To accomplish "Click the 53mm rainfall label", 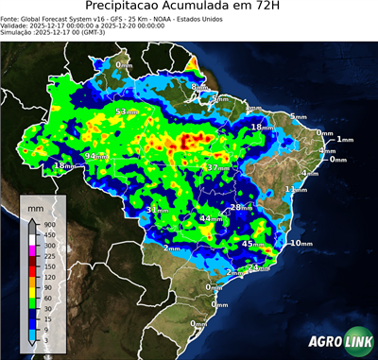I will coord(123,112).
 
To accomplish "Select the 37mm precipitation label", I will coord(216,167).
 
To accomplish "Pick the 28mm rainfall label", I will coord(242,207).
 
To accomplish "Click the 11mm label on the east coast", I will coord(296,190).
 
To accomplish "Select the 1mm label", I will coord(344,140).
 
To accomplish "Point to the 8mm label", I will coord(199,87).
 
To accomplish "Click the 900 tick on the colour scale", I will coord(49,224).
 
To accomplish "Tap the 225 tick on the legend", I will coord(49,255).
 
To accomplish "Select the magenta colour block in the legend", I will coord(32,250).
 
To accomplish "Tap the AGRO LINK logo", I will coord(339,341).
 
